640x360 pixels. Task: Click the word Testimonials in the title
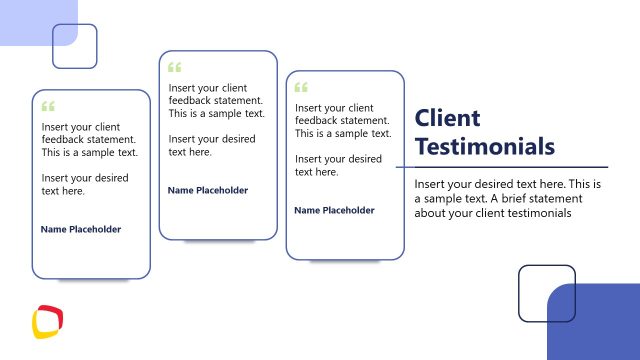coord(484,147)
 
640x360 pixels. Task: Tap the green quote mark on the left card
coord(48,105)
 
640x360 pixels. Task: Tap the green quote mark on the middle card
coord(175,68)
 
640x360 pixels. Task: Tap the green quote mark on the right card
coord(302,87)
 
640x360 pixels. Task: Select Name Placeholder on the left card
coord(81,229)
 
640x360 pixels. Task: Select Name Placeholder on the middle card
coord(208,190)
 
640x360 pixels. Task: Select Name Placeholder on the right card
coord(335,210)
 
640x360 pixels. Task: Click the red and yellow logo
coord(47,321)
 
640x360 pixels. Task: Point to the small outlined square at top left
coord(75,46)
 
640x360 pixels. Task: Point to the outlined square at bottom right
coord(546,293)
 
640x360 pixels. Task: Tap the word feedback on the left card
coord(64,140)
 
